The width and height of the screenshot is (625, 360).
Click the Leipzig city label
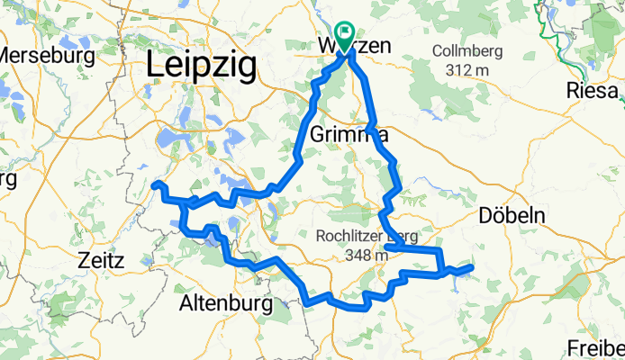click(x=201, y=66)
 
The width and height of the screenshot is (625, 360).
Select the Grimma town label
click(x=349, y=135)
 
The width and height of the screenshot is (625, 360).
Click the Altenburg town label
click(x=226, y=304)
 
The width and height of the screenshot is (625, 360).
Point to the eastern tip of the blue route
click(x=471, y=266)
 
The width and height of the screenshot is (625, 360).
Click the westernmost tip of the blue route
click(x=153, y=185)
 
